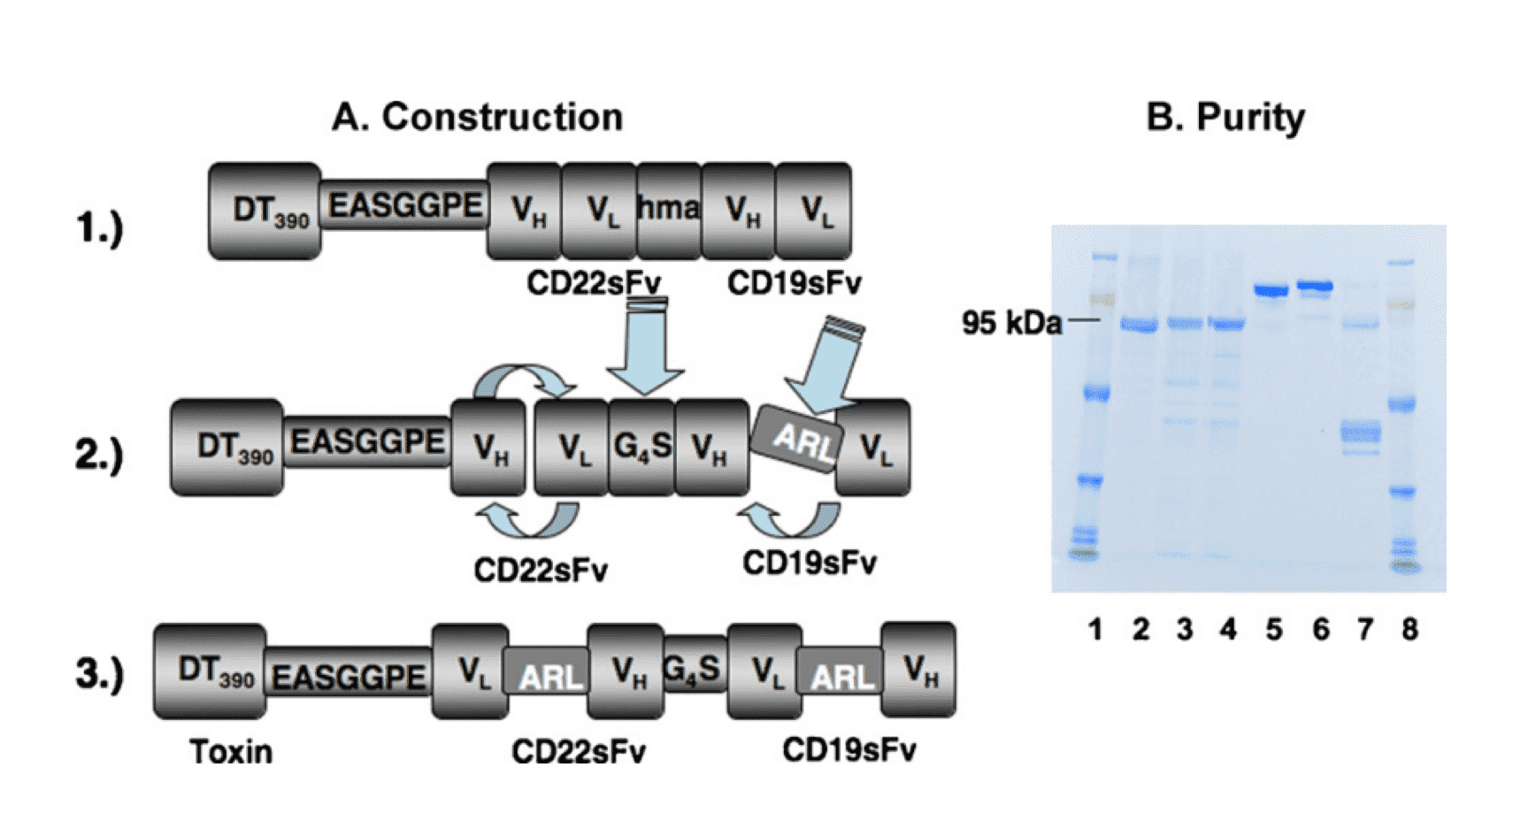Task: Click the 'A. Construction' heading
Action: tap(477, 117)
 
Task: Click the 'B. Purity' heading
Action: tap(1225, 117)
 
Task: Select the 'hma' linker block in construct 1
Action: tap(668, 210)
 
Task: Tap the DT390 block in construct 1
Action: tap(265, 211)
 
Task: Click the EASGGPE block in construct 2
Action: tap(367, 441)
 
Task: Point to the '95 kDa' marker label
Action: tap(1011, 323)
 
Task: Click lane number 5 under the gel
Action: tap(1273, 629)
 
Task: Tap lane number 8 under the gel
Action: tap(1409, 629)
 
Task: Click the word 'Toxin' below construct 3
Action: tap(231, 752)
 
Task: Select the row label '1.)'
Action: tap(99, 228)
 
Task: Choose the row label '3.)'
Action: tap(99, 673)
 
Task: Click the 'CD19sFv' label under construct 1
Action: tap(794, 284)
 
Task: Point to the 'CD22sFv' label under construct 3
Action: tap(579, 752)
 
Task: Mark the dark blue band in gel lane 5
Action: tap(1272, 290)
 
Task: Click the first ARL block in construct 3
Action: tap(549, 677)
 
